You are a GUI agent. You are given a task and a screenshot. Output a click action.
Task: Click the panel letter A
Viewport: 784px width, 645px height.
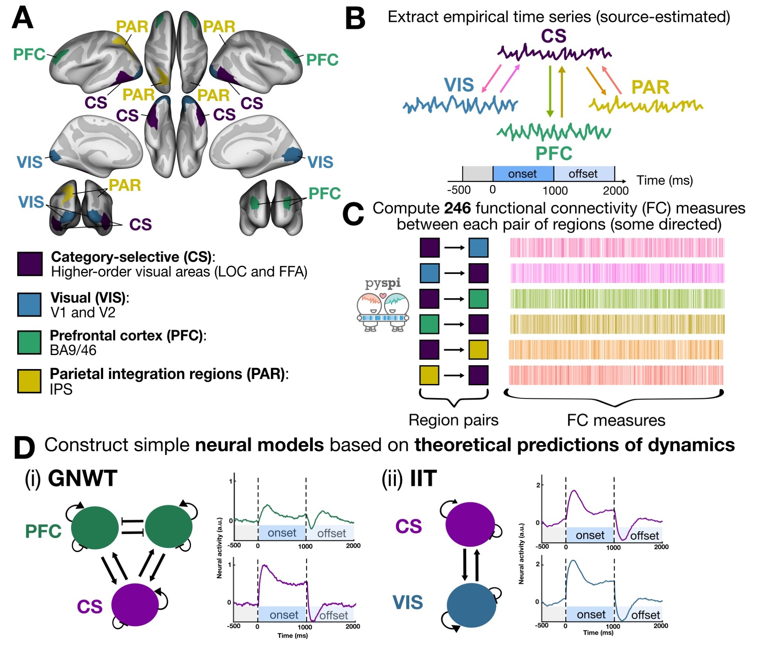23,18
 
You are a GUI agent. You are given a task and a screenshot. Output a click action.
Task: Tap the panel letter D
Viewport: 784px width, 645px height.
24,447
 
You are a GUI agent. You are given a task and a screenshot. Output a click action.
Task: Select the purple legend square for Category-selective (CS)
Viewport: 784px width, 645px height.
30,264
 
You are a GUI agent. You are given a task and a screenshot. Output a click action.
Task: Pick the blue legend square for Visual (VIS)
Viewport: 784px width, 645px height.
29,304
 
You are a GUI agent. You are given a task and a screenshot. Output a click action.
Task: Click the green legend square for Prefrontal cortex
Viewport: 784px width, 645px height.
29,342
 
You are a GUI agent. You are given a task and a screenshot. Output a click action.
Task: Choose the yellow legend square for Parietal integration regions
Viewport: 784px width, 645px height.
29,381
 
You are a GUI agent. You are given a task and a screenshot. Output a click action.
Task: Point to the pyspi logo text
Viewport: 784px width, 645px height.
383,283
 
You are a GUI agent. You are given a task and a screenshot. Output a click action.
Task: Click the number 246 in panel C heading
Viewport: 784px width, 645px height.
457,208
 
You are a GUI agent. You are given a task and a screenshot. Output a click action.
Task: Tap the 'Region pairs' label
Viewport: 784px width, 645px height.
453,420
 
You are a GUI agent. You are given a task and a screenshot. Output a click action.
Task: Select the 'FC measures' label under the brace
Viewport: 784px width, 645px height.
616,420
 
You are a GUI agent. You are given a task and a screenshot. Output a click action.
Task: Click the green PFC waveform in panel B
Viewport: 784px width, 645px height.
554,132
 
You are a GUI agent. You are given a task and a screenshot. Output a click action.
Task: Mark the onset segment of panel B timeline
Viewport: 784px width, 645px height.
523,174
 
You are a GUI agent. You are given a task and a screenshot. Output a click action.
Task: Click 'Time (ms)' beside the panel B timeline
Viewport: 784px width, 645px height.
664,180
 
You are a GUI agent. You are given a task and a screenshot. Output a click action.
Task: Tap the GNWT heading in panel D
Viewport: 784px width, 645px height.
82,478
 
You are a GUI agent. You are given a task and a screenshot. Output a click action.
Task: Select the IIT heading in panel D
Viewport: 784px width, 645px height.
423,478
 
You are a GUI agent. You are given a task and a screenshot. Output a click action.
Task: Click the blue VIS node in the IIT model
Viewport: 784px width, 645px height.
471,605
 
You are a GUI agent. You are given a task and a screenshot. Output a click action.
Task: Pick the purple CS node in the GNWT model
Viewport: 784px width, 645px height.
135,605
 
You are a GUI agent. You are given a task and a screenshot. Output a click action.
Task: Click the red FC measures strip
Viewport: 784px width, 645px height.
616,375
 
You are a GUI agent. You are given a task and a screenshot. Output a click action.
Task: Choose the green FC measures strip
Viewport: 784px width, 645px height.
617,299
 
